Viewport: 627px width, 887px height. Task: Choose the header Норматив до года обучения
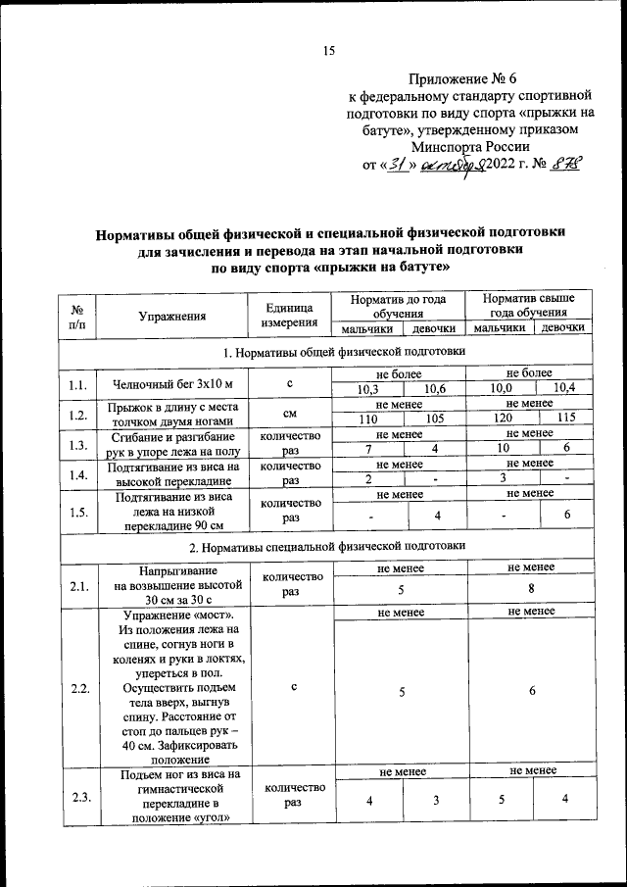(398, 303)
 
